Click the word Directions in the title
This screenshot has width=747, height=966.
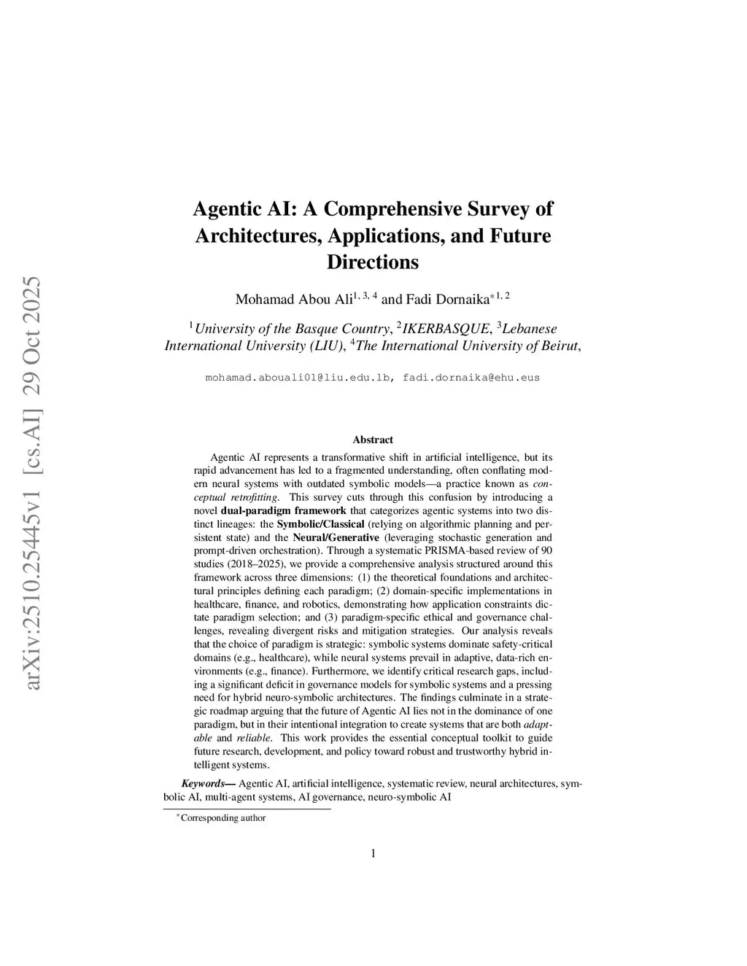[x=373, y=262]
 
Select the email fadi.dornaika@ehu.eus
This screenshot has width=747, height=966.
[x=471, y=378]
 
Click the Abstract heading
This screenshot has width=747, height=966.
[x=373, y=440]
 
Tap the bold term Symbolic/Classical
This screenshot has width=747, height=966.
[x=321, y=524]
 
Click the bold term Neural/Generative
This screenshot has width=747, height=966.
[x=336, y=537]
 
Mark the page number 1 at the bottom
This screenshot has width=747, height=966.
[x=373, y=854]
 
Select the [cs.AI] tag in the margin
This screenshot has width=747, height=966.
[x=32, y=444]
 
